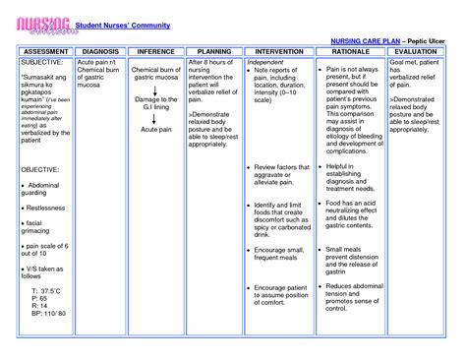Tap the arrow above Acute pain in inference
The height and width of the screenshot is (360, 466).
[157, 121]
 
